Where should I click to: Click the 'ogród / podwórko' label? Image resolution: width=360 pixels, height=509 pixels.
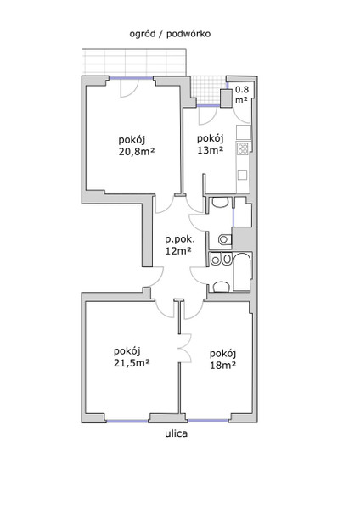click(x=170, y=34)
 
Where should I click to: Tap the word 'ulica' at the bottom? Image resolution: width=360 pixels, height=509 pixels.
click(x=176, y=433)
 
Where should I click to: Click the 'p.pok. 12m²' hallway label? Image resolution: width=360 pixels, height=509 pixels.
click(x=180, y=245)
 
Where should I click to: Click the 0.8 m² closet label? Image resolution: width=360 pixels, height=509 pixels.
click(x=242, y=94)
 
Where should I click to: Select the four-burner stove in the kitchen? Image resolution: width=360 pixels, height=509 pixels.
click(x=243, y=148)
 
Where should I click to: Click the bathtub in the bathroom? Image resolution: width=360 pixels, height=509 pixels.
click(x=242, y=272)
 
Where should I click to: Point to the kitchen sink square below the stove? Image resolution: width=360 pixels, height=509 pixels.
click(x=242, y=175)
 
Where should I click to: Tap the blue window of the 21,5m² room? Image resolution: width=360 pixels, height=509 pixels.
click(x=127, y=422)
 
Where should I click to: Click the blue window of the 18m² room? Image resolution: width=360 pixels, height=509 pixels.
click(x=208, y=421)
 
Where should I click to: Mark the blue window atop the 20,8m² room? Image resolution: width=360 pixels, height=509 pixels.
click(x=131, y=78)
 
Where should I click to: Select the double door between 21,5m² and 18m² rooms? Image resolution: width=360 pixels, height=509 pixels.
click(x=185, y=349)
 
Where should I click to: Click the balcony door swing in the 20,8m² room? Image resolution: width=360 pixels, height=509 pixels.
click(x=129, y=88)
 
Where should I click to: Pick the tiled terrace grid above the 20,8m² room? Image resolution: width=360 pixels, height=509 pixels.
click(x=134, y=62)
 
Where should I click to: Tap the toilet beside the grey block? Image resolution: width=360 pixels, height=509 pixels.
click(x=224, y=239)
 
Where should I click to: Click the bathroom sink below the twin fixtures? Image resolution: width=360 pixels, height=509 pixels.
click(x=222, y=287)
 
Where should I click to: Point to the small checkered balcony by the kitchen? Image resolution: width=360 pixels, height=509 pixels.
click(x=209, y=90)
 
